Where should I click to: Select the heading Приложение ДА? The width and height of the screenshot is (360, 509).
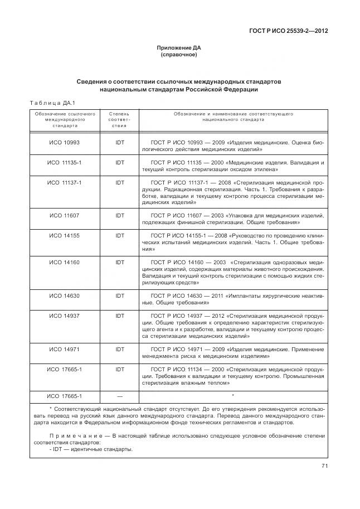click(x=179, y=49)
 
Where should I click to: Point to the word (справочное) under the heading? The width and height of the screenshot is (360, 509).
click(x=179, y=55)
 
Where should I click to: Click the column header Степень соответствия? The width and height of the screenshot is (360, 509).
click(x=119, y=119)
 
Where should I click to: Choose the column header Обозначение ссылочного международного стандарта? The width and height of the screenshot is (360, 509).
click(x=64, y=119)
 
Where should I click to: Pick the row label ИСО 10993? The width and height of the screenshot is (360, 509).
click(x=64, y=143)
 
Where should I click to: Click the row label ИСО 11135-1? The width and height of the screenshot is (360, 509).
click(x=64, y=162)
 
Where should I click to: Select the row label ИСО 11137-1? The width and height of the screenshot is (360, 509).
click(x=64, y=182)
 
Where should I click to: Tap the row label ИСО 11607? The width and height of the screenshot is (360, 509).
click(x=64, y=215)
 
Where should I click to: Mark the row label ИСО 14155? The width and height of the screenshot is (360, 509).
click(x=64, y=235)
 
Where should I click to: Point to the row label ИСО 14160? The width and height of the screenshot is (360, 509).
click(x=64, y=261)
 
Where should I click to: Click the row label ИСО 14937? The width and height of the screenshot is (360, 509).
click(x=64, y=316)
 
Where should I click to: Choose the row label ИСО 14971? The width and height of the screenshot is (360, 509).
click(x=64, y=348)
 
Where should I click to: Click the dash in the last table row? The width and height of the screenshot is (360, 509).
click(x=119, y=396)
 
